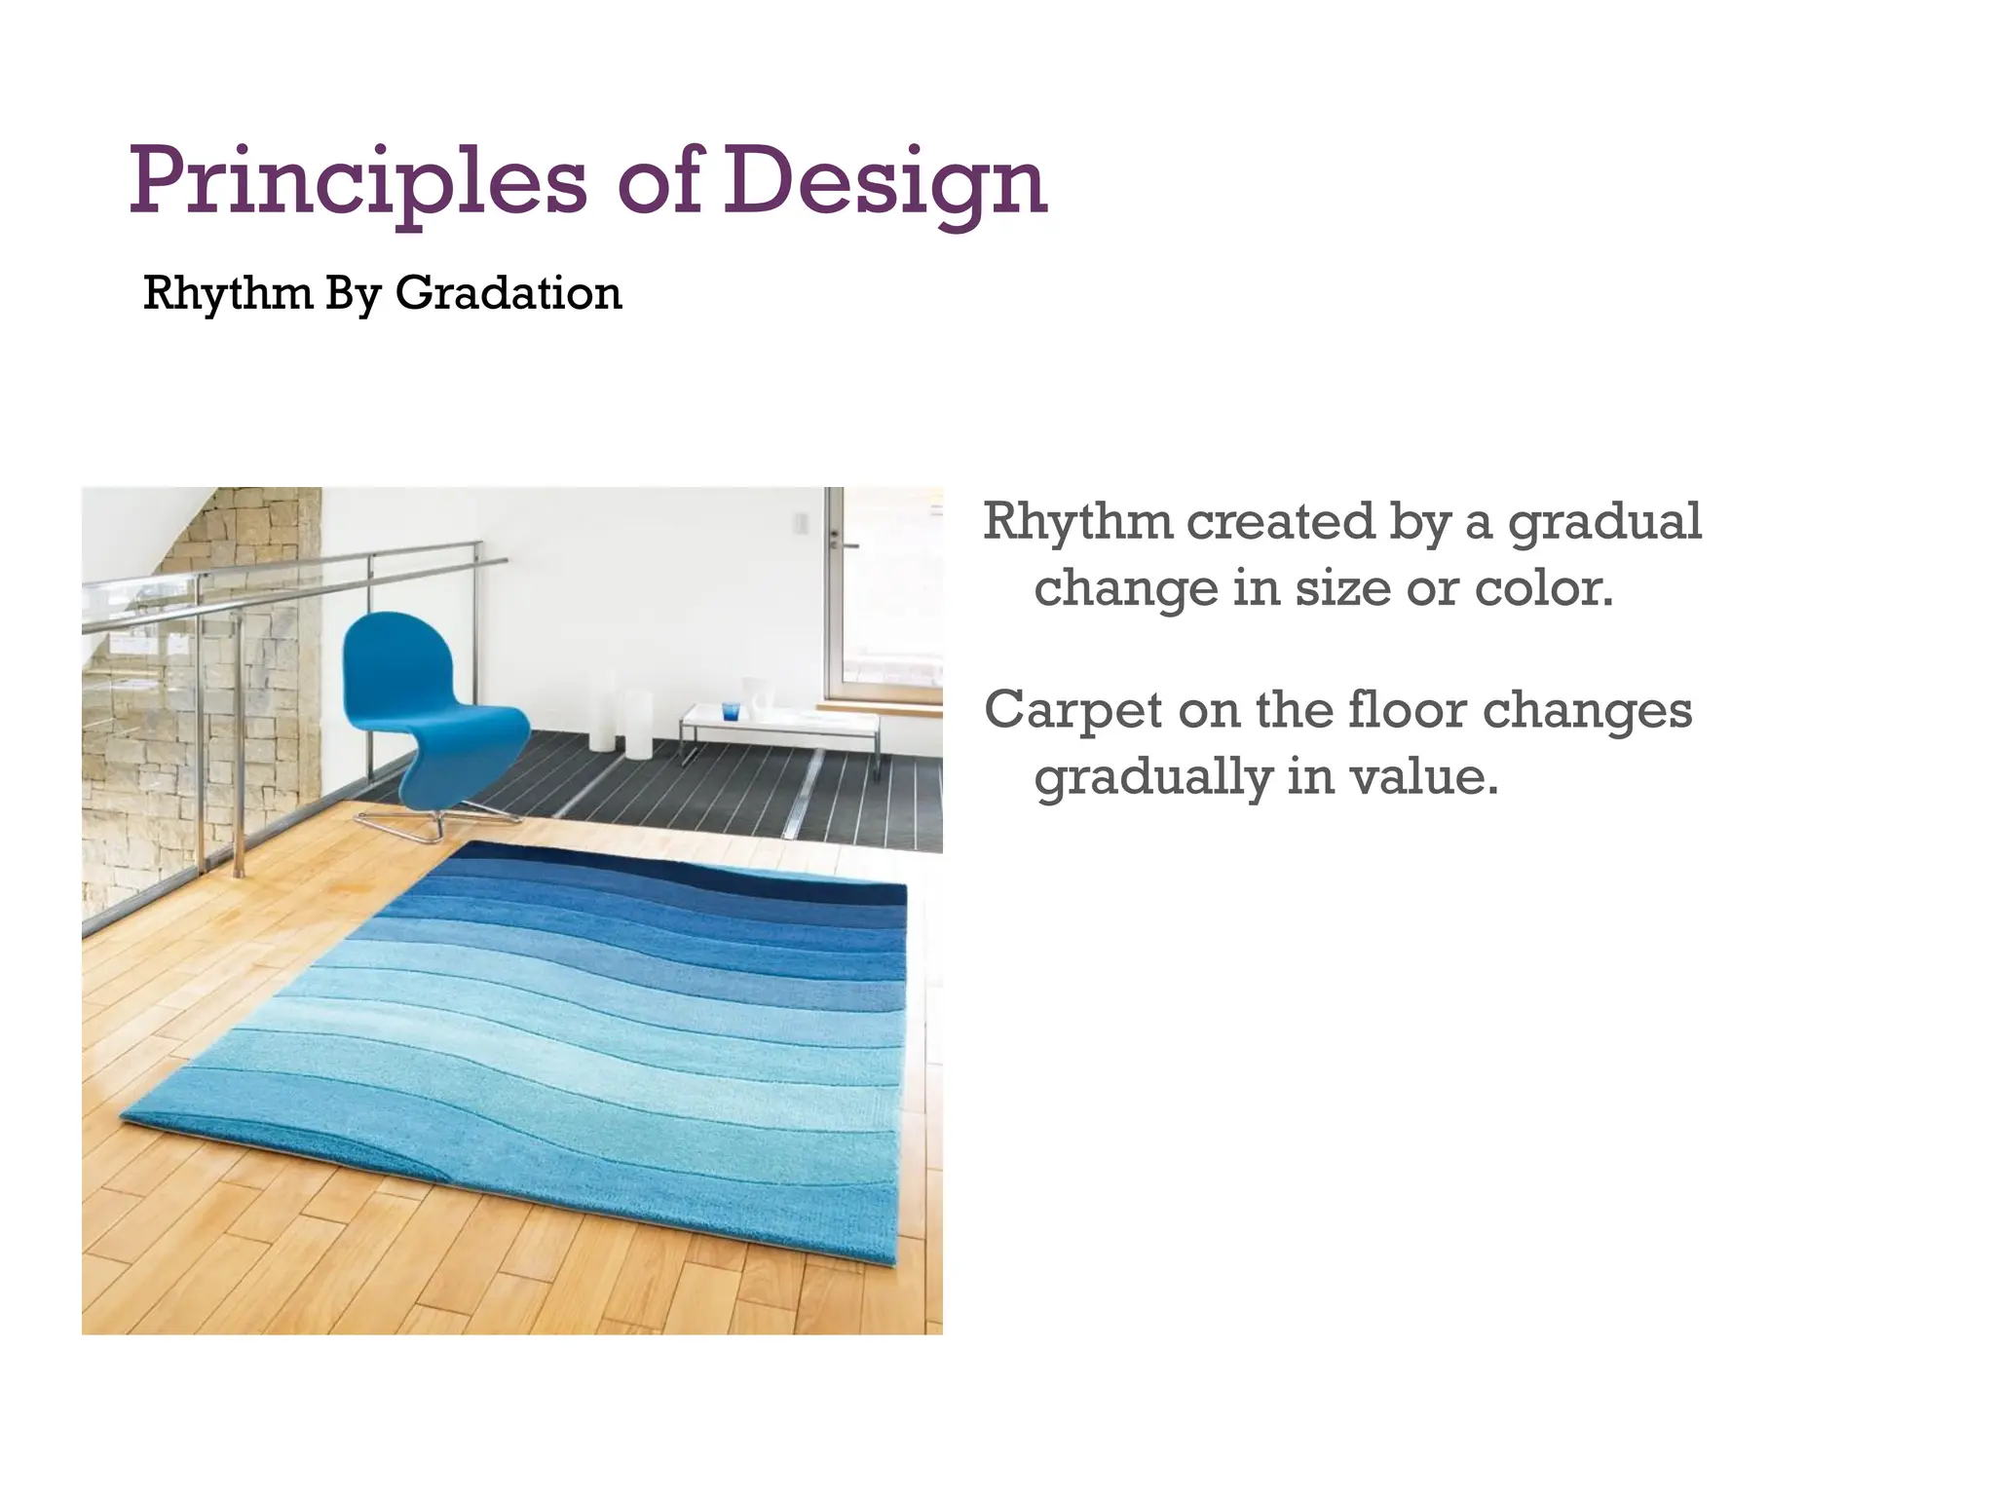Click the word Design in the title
[x=885, y=182]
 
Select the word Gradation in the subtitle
[x=508, y=293]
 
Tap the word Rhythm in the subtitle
[x=226, y=293]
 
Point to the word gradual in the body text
[x=1604, y=523]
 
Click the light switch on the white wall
[x=801, y=525]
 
